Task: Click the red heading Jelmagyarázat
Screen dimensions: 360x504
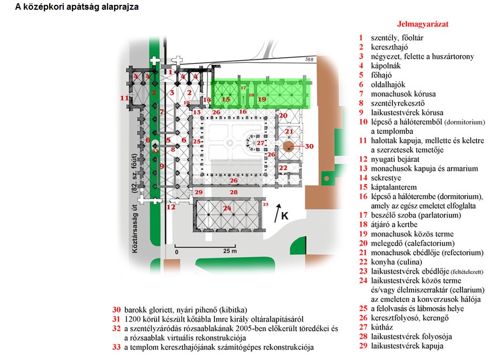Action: tap(423, 24)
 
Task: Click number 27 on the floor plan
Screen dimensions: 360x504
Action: tap(260, 143)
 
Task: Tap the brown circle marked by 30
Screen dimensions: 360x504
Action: tap(290, 146)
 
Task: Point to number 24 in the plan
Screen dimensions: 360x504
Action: tap(227, 208)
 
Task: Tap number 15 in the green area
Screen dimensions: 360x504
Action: tap(226, 99)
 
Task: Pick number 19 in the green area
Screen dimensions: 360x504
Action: tap(262, 99)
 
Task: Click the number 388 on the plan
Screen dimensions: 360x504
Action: tap(309, 59)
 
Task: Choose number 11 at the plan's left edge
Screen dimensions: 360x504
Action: tap(125, 98)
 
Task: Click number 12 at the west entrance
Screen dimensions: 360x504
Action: tap(171, 207)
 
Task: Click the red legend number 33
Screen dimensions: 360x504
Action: tap(116, 348)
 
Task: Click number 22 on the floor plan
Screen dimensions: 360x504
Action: tap(283, 168)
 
